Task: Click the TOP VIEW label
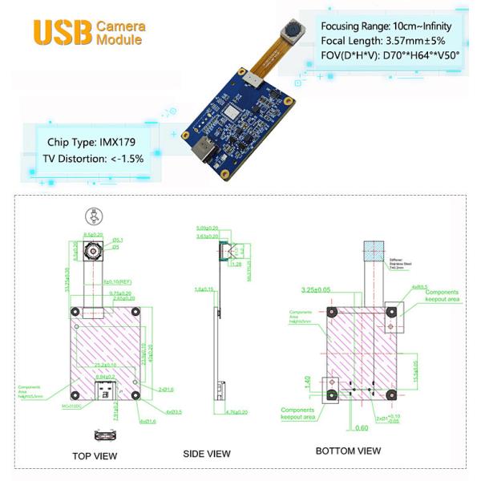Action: pyautogui.click(x=95, y=456)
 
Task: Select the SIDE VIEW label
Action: pyautogui.click(x=207, y=453)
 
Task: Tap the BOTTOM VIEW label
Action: pyautogui.click(x=348, y=451)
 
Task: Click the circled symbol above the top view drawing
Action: pyautogui.click(x=93, y=215)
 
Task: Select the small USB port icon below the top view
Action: pyautogui.click(x=103, y=435)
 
